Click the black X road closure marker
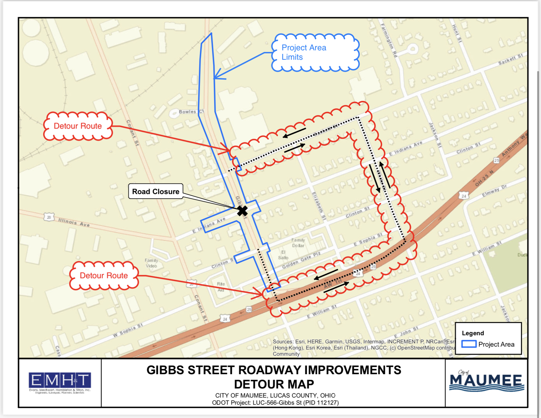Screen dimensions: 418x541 [x=242, y=211]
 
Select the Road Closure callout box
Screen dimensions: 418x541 [x=156, y=191]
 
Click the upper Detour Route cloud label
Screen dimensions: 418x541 [x=78, y=126]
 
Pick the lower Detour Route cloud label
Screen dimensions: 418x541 [x=104, y=276]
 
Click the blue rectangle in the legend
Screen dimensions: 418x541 [x=469, y=344]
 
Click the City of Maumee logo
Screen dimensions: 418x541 [x=487, y=381]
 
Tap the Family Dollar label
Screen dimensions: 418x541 [x=298, y=243]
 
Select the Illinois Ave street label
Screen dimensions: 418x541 [x=74, y=222]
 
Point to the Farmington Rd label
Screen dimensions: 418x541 [x=389, y=40]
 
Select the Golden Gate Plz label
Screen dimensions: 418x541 [x=301, y=260]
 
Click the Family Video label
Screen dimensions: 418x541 [x=151, y=263]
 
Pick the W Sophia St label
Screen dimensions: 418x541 [x=127, y=330]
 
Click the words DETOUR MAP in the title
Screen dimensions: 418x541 [x=274, y=384]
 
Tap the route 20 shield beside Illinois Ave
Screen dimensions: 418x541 [x=49, y=217]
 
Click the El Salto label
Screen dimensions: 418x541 [x=283, y=255]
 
